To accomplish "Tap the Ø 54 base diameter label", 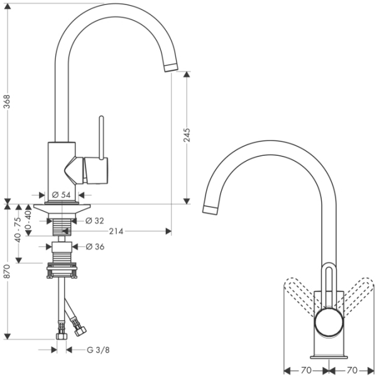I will (60, 195).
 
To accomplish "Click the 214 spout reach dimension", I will (115, 231).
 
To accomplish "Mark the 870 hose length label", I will (7, 271).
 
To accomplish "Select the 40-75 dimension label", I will (19, 229).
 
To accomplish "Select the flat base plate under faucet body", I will (63, 208).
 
